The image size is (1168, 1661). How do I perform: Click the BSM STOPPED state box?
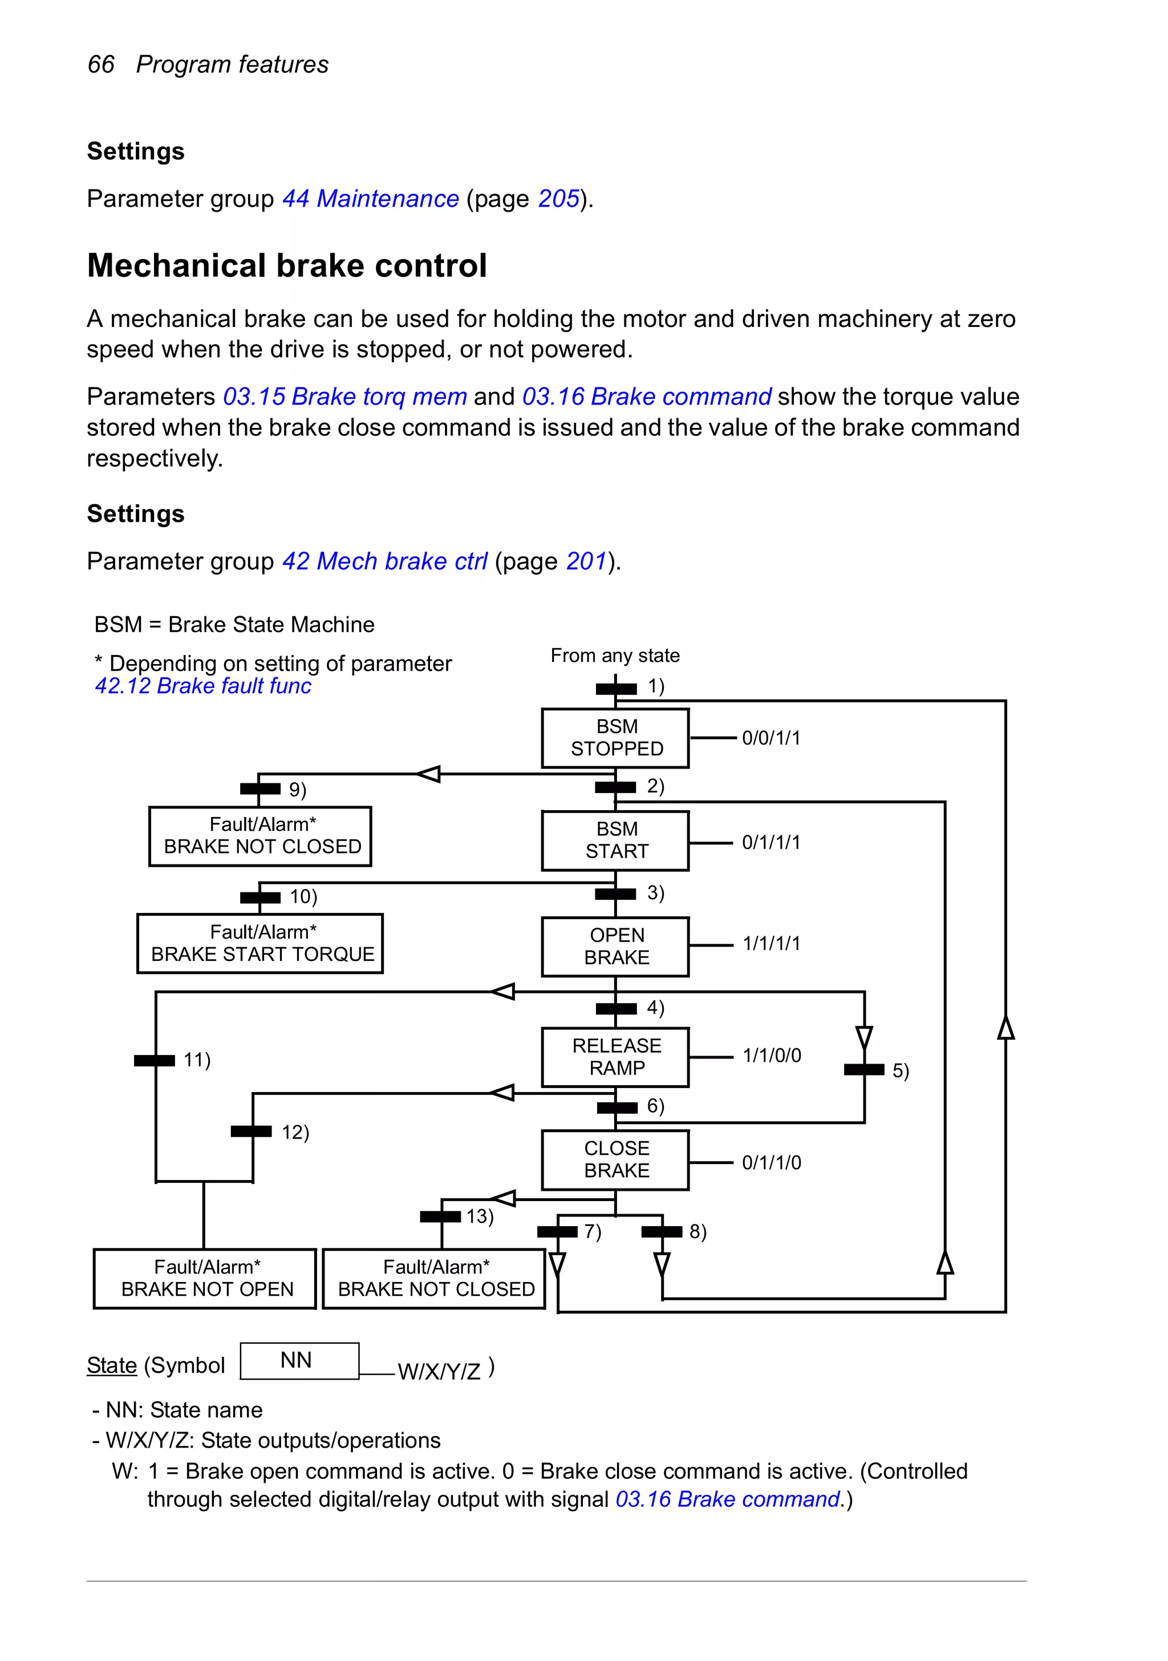coord(615,738)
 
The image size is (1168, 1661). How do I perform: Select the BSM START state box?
coord(615,840)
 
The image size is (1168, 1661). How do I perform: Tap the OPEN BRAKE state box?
coord(615,947)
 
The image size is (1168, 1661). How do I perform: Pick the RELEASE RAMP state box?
coord(615,1057)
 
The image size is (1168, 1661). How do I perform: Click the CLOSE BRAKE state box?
coord(615,1159)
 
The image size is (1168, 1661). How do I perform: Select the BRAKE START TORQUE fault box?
coord(261,943)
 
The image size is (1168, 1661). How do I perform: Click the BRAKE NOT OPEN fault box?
coord(205,1279)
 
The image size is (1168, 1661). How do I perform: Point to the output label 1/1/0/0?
coord(772,1056)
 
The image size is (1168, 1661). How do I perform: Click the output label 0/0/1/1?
coord(771,738)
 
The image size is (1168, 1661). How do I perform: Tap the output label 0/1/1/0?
coord(772,1162)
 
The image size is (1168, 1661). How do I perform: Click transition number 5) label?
coord(901,1070)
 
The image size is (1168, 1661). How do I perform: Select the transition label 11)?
coord(197,1060)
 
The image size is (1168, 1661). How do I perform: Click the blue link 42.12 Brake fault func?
coord(203,686)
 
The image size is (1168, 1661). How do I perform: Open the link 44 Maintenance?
coord(370,198)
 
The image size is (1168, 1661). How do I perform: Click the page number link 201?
coord(586,561)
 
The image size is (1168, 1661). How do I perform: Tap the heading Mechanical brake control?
coord(286,265)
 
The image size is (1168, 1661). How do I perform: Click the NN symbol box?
coord(299,1361)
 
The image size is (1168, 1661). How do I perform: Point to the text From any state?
coord(615,656)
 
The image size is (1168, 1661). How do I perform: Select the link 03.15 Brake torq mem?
coord(345,397)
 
